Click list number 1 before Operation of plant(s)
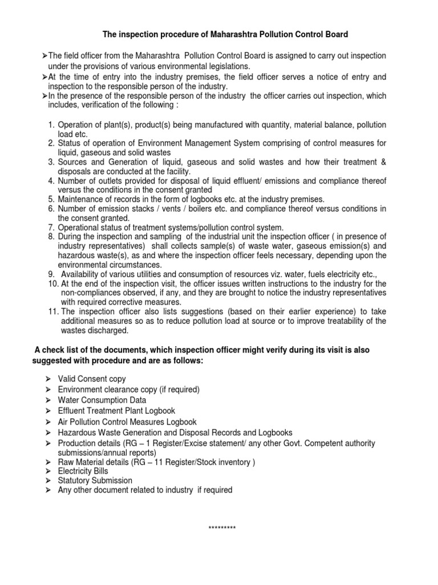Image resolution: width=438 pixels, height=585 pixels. (51, 125)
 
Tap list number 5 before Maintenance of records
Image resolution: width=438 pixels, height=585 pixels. (51, 199)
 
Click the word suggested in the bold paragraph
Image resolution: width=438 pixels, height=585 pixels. (54, 362)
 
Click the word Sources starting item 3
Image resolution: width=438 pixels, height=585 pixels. (72, 162)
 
